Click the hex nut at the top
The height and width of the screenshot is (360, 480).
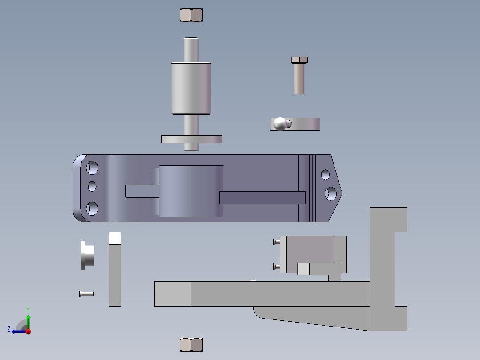[191, 16]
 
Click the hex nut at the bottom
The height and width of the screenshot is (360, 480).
[191, 344]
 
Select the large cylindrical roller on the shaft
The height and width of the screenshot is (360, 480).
[191, 88]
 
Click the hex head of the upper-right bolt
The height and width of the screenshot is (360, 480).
[299, 60]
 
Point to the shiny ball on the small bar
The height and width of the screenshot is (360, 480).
[281, 123]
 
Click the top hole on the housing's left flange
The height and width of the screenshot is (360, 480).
[92, 168]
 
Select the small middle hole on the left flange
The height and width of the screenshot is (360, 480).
[92, 186]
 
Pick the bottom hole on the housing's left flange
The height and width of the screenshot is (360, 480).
[92, 208]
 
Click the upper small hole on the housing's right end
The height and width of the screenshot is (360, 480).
[326, 174]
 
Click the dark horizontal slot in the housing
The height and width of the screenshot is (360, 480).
[262, 197]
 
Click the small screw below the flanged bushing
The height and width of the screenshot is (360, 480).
[86, 294]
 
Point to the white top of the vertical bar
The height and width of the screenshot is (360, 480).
[115, 238]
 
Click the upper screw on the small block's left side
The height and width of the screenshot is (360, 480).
[275, 242]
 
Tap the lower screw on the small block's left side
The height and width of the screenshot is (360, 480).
[275, 267]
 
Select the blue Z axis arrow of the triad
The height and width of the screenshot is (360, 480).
[16, 331]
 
